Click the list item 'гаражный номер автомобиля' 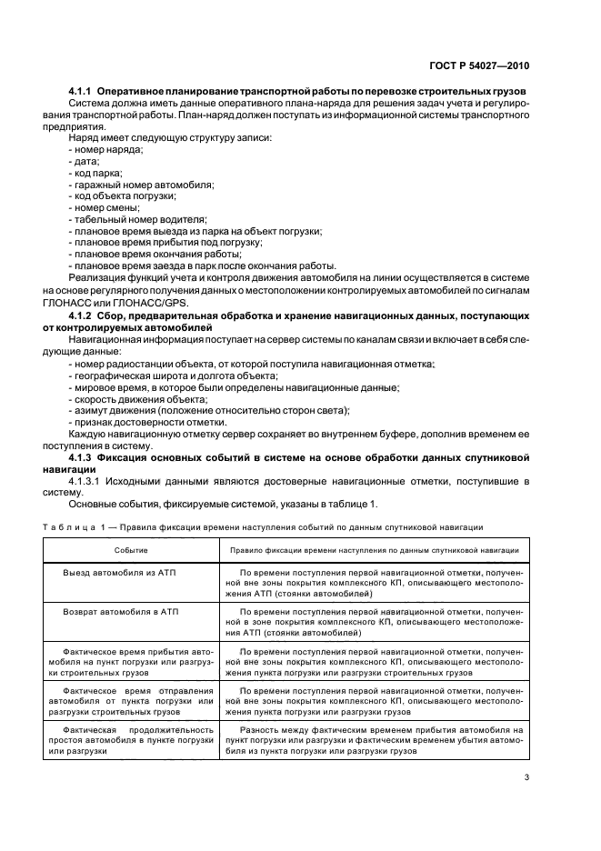coord(142,185)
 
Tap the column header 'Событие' coord(131,550)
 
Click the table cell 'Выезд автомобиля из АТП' coord(122,575)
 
